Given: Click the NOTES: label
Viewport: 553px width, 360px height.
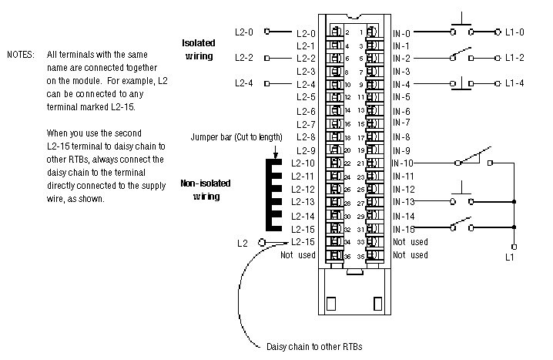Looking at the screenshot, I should click(x=21, y=55).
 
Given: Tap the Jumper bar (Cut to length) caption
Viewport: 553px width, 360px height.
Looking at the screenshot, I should click(x=237, y=136).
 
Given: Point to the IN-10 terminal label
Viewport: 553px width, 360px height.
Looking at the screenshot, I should click(x=403, y=163).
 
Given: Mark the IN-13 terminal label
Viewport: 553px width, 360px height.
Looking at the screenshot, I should click(x=403, y=202).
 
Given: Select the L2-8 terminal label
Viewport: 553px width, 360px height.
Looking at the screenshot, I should click(x=306, y=137).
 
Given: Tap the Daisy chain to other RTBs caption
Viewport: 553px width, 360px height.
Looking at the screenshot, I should click(x=314, y=347).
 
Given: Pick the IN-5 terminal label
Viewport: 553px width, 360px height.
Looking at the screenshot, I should click(x=401, y=97).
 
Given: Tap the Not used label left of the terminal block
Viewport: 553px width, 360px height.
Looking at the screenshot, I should click(x=298, y=254).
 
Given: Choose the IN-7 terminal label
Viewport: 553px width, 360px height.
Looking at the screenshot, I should click(x=401, y=123).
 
